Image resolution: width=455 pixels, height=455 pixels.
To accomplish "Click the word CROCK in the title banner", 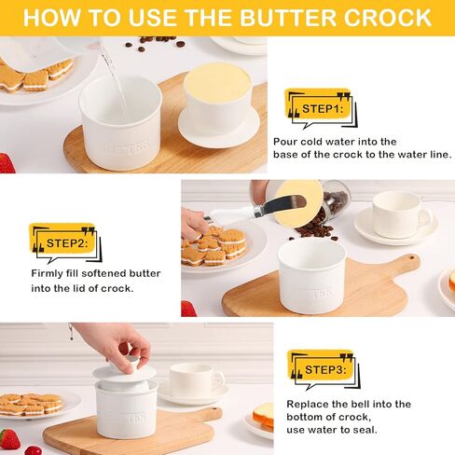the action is coord(387,18).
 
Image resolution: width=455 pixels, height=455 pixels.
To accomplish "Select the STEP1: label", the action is coord(323,109).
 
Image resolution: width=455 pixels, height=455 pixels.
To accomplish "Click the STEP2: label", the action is coord(67,243).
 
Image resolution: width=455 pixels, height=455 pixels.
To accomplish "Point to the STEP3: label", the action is coord(325,370).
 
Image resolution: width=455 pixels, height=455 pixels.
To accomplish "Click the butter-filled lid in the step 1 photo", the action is coord(218,104).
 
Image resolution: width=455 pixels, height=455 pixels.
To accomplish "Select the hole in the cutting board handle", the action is coord(411,258).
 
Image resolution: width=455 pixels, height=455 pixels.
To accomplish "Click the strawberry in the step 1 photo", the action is coord(7,163).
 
